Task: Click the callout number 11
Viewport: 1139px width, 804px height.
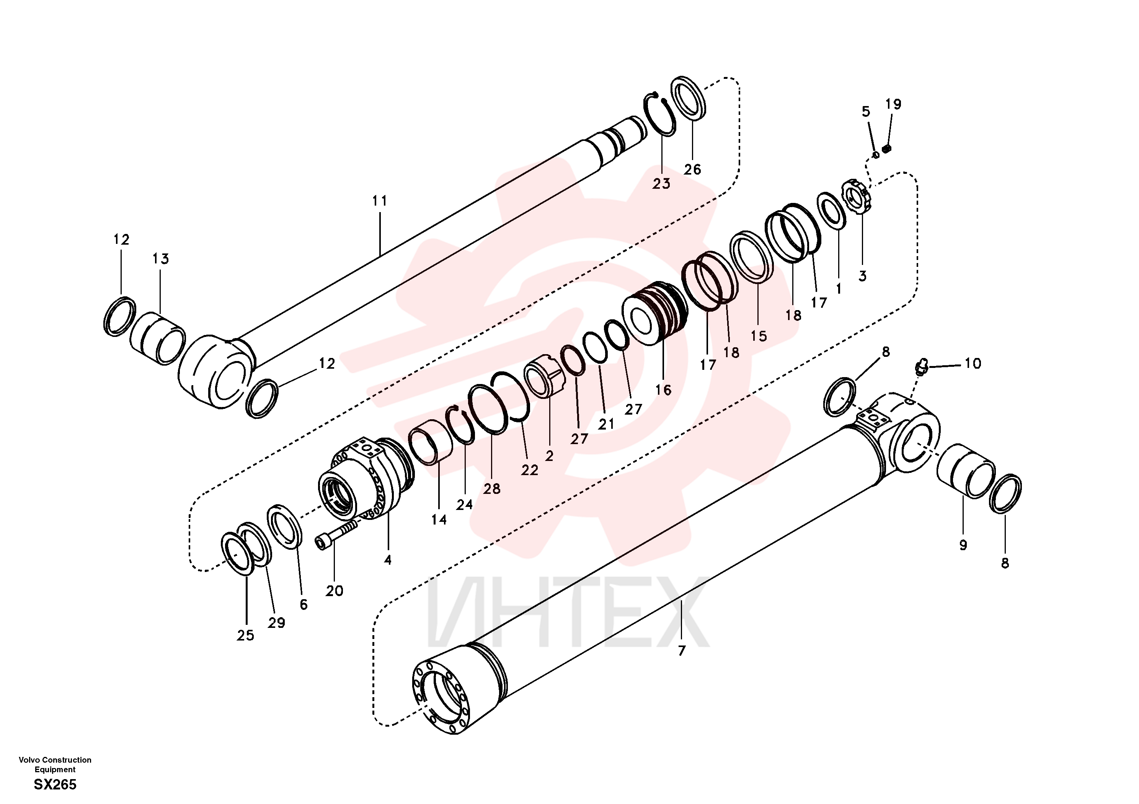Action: (380, 201)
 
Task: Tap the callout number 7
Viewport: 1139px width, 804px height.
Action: (682, 650)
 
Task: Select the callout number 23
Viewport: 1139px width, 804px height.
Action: (661, 184)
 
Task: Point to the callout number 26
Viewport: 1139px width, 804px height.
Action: (692, 169)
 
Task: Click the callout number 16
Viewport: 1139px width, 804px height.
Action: (663, 390)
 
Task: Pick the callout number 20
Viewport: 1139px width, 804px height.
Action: (335, 591)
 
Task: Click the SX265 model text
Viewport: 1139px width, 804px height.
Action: (55, 784)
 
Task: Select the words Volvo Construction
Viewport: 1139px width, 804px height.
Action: (55, 760)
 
